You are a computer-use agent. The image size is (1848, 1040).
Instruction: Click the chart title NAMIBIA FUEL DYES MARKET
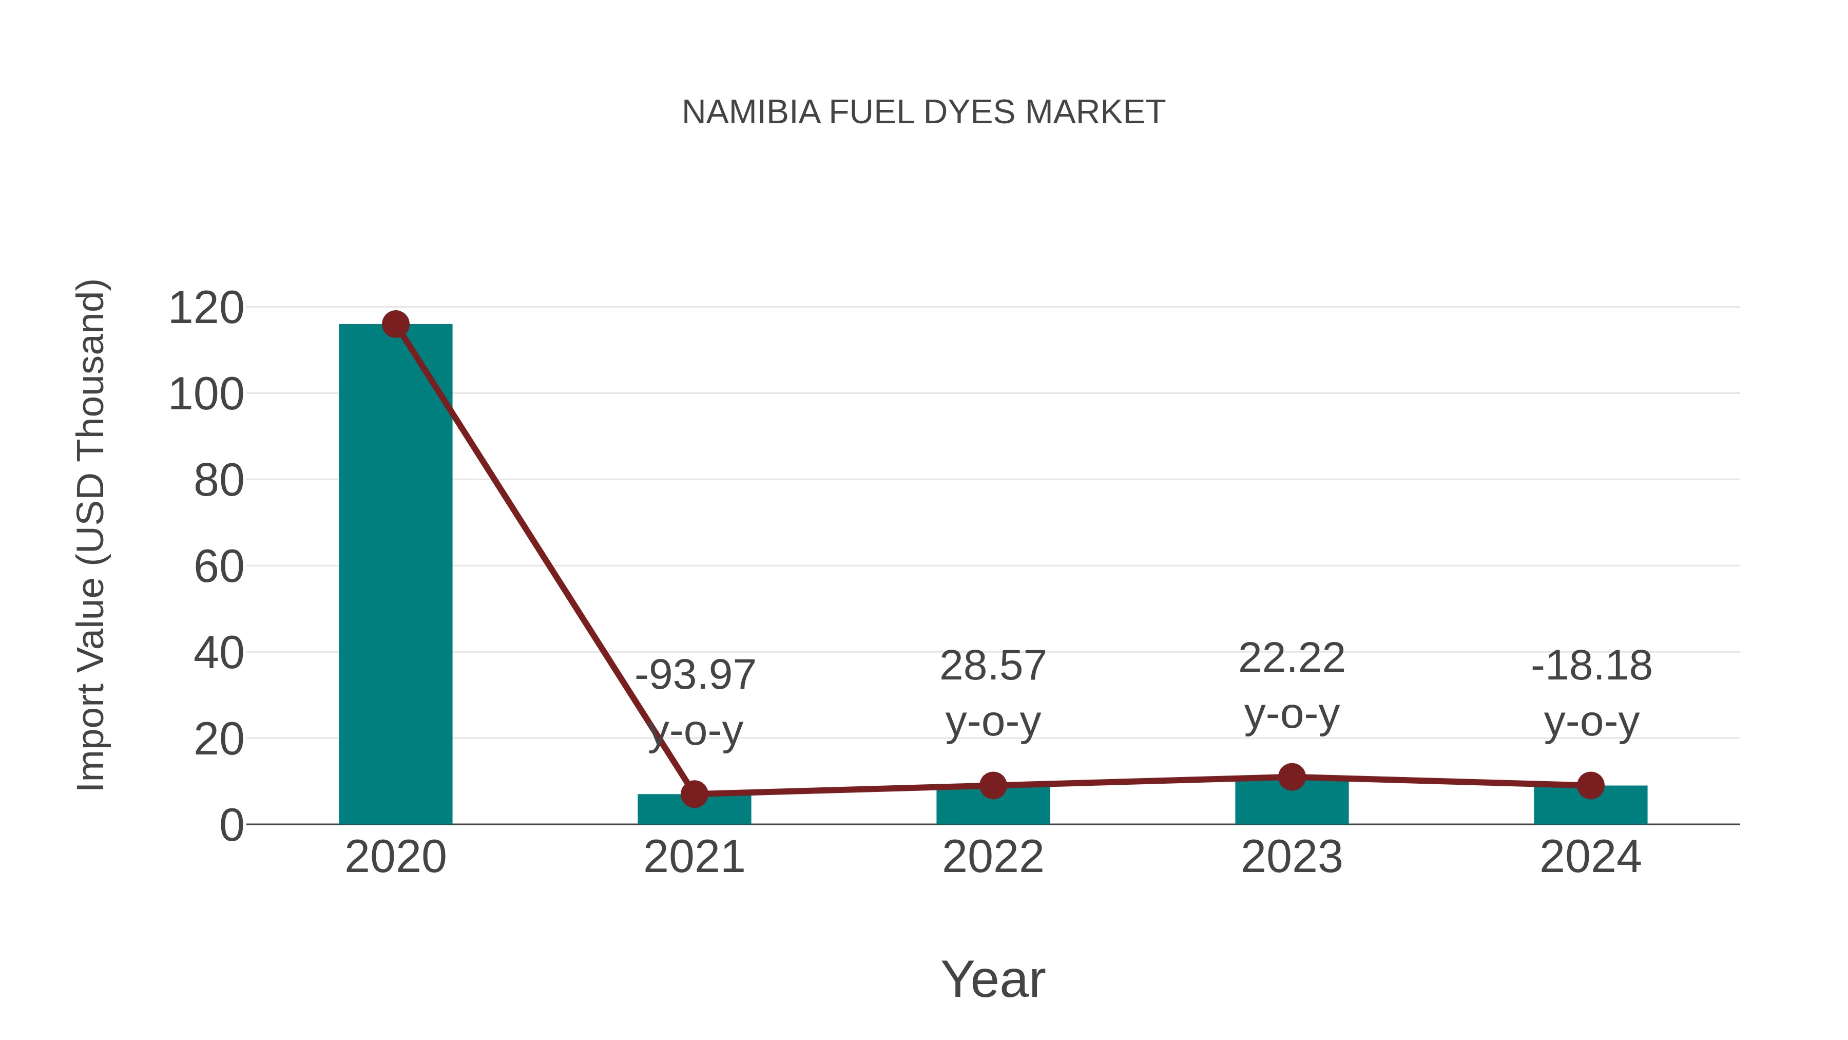[923, 112]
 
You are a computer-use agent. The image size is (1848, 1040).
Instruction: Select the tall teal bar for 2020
[395, 574]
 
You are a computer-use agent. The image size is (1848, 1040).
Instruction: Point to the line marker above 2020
[395, 325]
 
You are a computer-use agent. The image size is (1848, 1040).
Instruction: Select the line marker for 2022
[993, 785]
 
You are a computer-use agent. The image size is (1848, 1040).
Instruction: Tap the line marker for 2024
[1590, 785]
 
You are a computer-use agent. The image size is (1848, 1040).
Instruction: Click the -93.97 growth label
[695, 675]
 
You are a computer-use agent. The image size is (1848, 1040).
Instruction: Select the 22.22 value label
[1292, 658]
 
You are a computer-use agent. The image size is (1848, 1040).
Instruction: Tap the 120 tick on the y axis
[206, 309]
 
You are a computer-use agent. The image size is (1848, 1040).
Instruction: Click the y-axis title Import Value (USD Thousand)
[92, 535]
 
